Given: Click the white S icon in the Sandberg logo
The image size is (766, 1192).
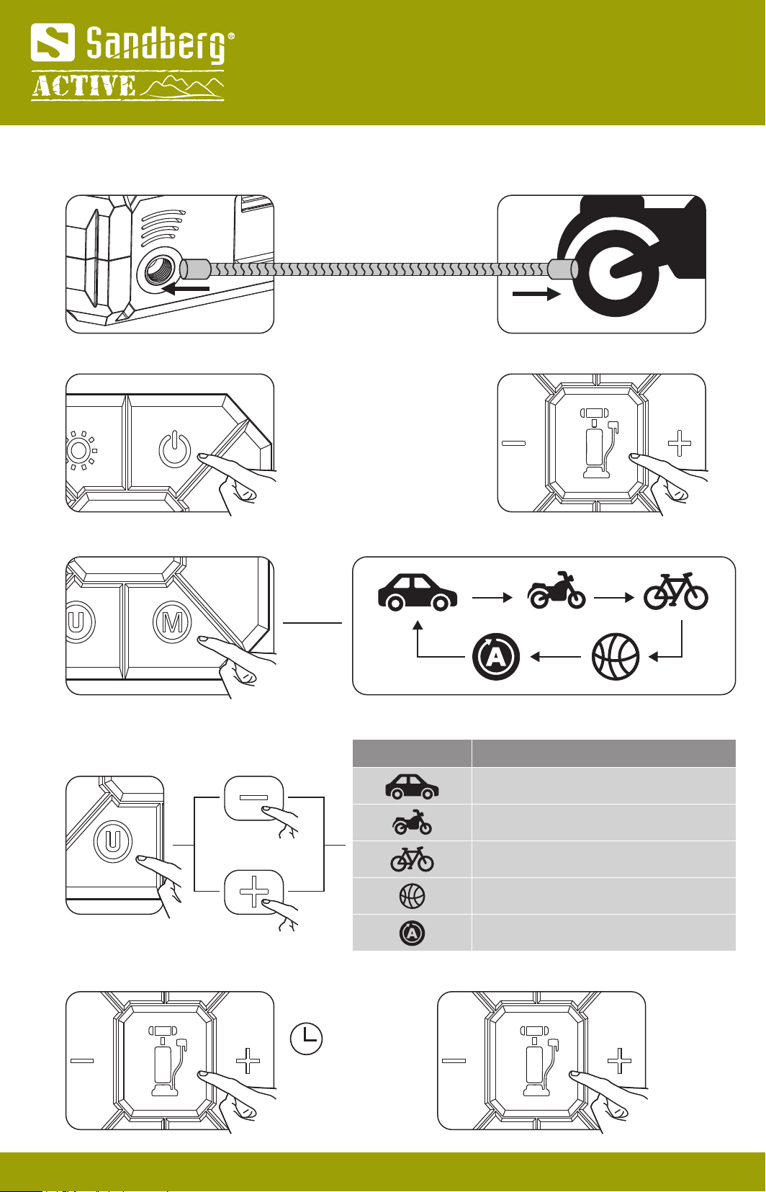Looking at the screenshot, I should [x=53, y=42].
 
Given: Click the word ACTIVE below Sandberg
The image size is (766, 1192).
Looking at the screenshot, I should [x=84, y=86].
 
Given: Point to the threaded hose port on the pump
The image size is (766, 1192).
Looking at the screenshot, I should [x=158, y=272].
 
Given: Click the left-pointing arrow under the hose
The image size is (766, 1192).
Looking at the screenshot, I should [x=186, y=289].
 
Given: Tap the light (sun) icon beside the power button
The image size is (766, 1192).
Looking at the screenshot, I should [x=80, y=452].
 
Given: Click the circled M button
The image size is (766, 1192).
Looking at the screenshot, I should [x=173, y=622].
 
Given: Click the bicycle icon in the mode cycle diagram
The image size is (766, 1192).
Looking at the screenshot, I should [x=675, y=591].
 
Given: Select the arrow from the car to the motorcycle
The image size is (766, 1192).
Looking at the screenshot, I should [x=492, y=597].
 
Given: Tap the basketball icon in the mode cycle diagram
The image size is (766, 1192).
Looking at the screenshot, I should [x=616, y=656].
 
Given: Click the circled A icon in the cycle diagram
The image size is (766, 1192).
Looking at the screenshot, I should [x=496, y=657].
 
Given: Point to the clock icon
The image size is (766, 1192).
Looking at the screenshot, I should [x=306, y=1039].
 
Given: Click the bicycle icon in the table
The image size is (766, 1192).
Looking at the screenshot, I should [x=412, y=859].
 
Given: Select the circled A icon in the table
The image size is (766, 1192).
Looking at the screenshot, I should [x=412, y=933].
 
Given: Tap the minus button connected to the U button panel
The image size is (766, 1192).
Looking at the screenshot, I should [x=254, y=798].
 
